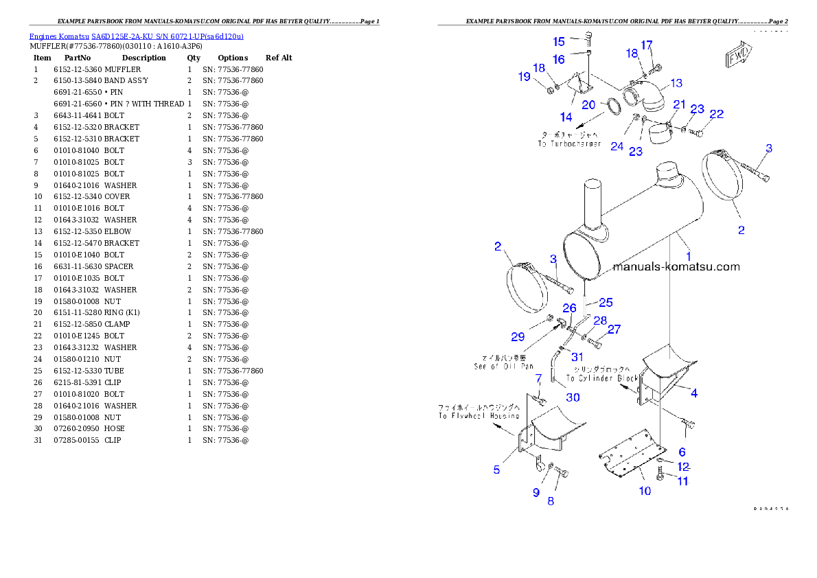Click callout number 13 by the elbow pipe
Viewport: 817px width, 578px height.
pos(676,83)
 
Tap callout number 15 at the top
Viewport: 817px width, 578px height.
pos(560,42)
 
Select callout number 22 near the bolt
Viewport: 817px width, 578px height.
pos(716,114)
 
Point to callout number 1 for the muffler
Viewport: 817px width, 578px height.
pos(689,255)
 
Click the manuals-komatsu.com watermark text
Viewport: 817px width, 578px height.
pos(676,266)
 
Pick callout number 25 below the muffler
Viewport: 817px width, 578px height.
pos(606,302)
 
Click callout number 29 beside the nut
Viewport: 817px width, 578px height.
pos(518,336)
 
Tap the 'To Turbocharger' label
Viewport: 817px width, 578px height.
pos(569,140)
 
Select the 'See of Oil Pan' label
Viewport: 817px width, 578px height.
pos(503,362)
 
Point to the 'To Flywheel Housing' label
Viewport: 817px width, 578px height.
pos(479,412)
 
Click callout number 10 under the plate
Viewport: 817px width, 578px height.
pos(645,491)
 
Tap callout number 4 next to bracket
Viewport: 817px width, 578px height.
pos(694,393)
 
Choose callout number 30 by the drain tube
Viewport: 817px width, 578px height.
pos(573,397)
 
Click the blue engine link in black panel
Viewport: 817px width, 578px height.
pos(136,36)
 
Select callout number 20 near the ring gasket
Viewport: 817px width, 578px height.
pos(588,104)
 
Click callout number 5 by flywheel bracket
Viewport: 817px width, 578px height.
pos(496,470)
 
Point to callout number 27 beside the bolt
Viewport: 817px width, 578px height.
pos(614,330)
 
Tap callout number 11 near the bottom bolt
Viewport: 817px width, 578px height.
pos(682,481)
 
